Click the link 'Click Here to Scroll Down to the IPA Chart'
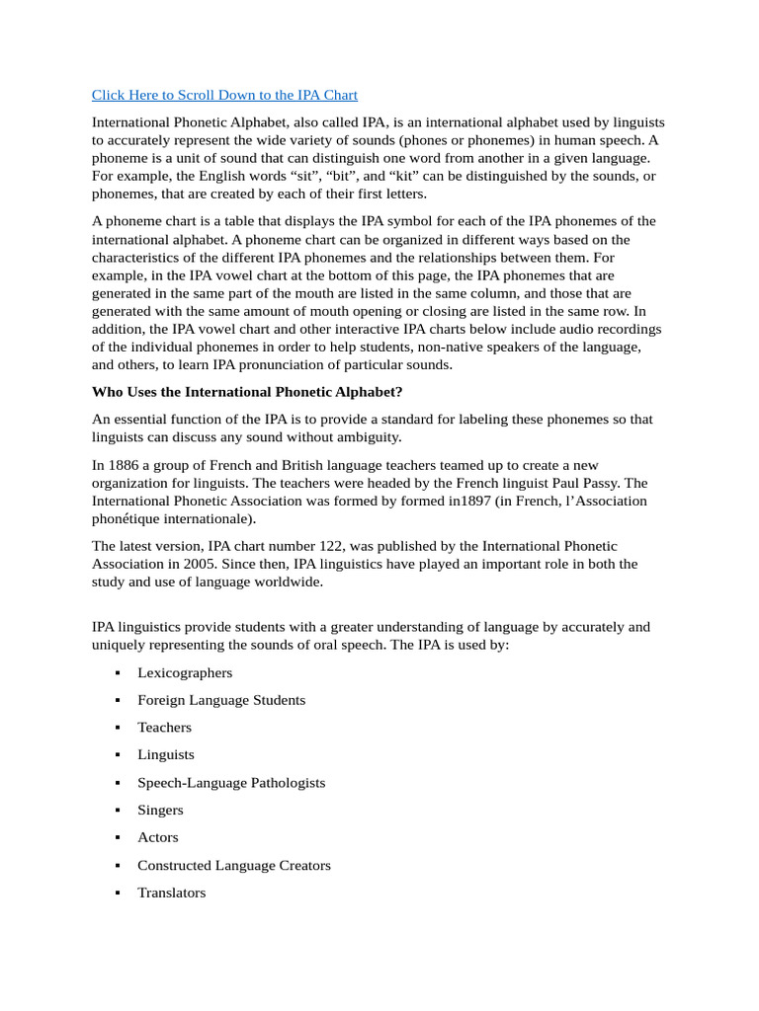pyautogui.click(x=224, y=95)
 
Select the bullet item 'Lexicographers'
pyautogui.click(x=185, y=672)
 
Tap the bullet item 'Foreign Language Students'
pyautogui.click(x=221, y=700)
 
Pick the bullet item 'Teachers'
pyautogui.click(x=164, y=727)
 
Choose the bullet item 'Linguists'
pyautogui.click(x=166, y=754)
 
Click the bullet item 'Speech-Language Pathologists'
pyautogui.click(x=231, y=782)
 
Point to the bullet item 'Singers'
pyautogui.click(x=160, y=810)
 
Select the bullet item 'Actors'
pyautogui.click(x=158, y=837)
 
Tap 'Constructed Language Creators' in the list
pyautogui.click(x=234, y=865)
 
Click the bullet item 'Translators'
pyautogui.click(x=172, y=893)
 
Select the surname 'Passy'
pyautogui.click(x=599, y=483)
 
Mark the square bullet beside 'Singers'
pyautogui.click(x=117, y=811)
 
